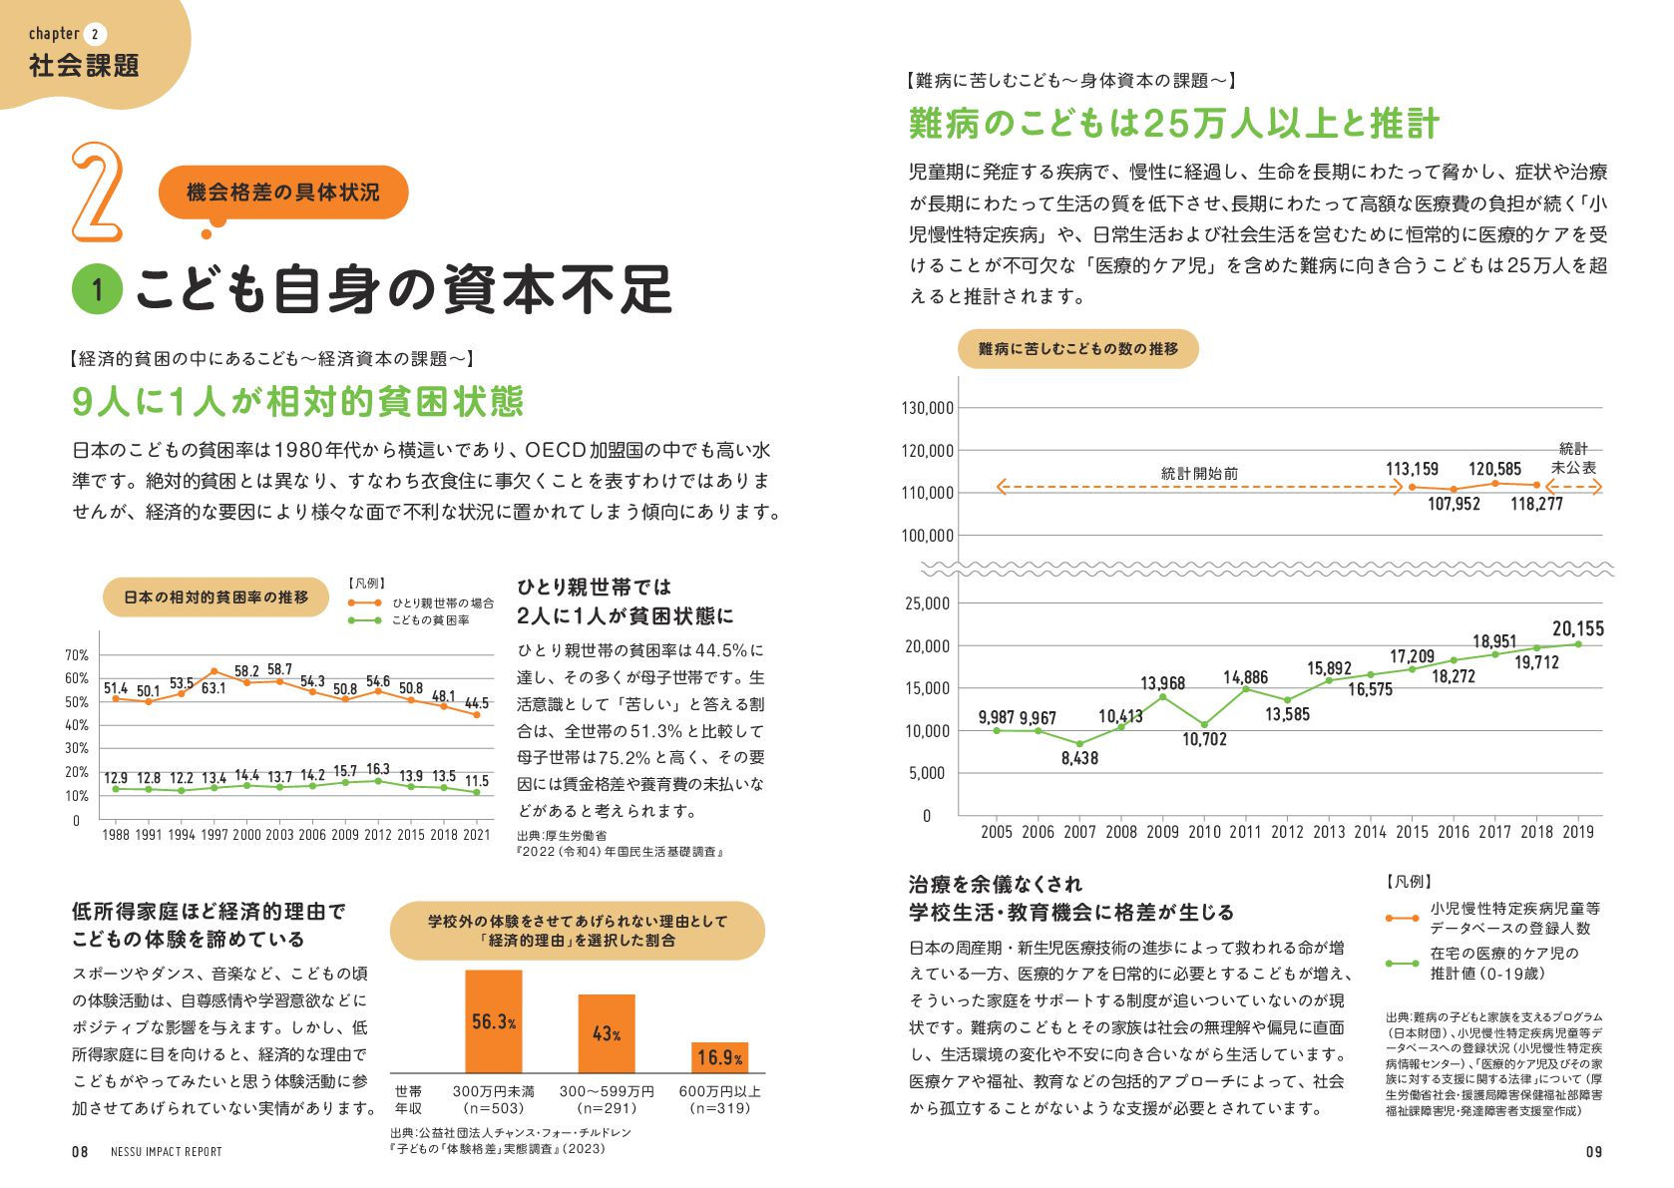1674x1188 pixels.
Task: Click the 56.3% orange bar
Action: pyautogui.click(x=494, y=1021)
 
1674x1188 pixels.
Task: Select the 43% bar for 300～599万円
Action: pyautogui.click(x=607, y=1033)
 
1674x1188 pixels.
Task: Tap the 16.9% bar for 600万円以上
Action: pyautogui.click(x=719, y=1057)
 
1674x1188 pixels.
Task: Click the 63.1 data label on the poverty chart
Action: pyautogui.click(x=213, y=688)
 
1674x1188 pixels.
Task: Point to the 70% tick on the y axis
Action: pyautogui.click(x=77, y=655)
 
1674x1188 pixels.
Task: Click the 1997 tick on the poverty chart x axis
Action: pyautogui.click(x=213, y=835)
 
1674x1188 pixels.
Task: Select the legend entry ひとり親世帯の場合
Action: pyautogui.click(x=442, y=603)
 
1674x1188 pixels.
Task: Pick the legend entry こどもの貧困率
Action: pyautogui.click(x=430, y=620)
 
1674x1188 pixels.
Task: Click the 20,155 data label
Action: pyautogui.click(x=1578, y=628)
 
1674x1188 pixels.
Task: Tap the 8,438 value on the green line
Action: pyautogui.click(x=1079, y=758)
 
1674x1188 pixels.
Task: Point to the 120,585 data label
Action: pyautogui.click(x=1494, y=469)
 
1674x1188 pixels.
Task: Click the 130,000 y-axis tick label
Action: pyautogui.click(x=928, y=408)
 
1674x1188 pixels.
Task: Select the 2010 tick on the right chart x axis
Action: pyautogui.click(x=1204, y=832)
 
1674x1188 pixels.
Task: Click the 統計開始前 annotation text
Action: pyautogui.click(x=1199, y=474)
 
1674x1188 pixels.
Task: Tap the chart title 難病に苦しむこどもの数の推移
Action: pyautogui.click(x=1078, y=349)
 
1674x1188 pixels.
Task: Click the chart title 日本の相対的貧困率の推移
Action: pyautogui.click(x=215, y=597)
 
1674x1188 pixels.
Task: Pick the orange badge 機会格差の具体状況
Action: pyautogui.click(x=283, y=193)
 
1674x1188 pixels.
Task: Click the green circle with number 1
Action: pyautogui.click(x=97, y=290)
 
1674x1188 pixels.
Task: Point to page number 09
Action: pyautogui.click(x=1594, y=1152)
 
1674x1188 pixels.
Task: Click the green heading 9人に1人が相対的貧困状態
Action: pyautogui.click(x=297, y=401)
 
